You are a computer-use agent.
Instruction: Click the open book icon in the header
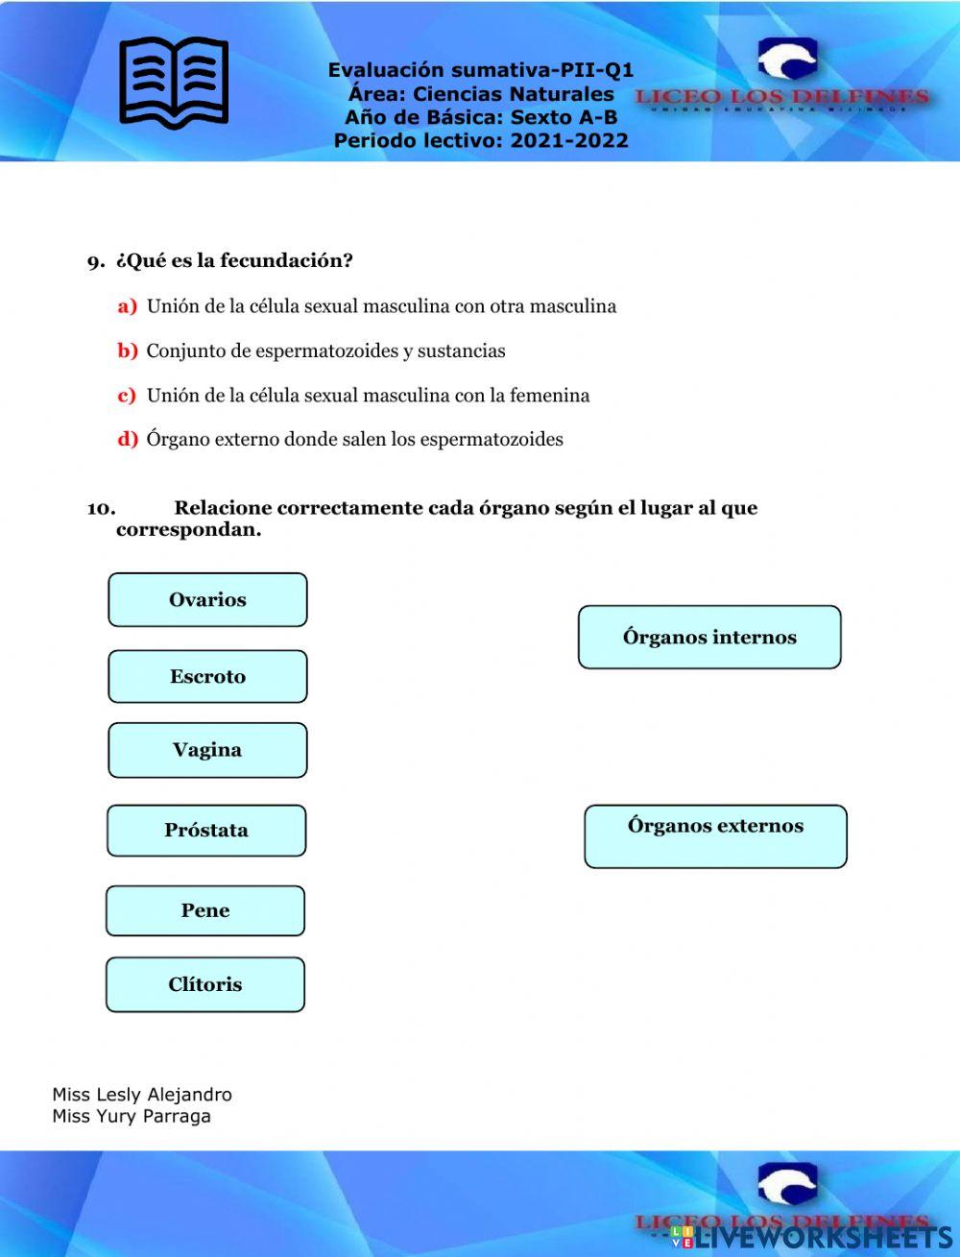174,81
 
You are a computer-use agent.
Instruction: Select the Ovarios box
207,600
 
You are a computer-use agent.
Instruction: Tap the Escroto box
207,677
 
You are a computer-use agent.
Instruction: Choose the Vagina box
207,750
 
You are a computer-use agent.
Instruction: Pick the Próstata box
206,831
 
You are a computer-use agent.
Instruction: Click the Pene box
205,910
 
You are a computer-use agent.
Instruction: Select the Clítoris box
205,984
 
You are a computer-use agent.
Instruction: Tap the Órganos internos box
709,637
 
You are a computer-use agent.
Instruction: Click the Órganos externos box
715,835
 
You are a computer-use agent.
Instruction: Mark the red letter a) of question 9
128,306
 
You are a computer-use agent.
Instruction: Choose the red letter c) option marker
127,395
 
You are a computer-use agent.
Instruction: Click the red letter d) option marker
128,440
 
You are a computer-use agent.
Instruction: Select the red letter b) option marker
128,351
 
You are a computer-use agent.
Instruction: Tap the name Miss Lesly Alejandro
142,1095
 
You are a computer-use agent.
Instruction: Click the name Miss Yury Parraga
132,1116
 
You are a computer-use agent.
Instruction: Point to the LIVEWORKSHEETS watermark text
816,1237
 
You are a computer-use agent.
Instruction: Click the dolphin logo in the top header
787,60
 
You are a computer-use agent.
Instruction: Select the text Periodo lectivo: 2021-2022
481,141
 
